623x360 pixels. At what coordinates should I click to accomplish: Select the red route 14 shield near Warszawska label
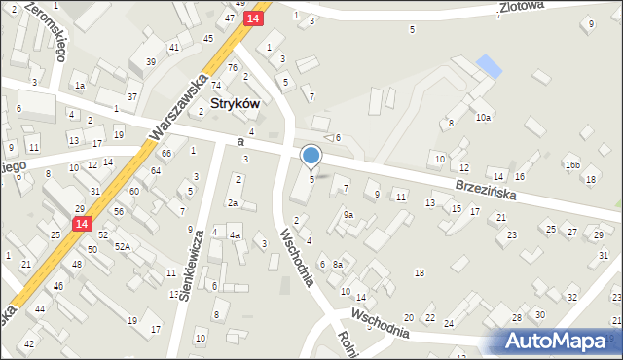253,18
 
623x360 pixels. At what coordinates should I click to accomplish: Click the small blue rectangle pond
489,67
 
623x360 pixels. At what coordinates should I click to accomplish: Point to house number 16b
572,166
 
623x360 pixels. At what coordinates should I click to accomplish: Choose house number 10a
483,117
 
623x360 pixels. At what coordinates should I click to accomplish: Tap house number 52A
122,247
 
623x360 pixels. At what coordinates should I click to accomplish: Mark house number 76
232,67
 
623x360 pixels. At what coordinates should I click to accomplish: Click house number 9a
348,214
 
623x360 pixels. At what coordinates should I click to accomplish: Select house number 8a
337,264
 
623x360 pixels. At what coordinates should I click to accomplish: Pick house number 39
150,61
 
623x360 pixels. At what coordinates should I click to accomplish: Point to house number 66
166,153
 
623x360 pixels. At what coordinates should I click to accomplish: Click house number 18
420,272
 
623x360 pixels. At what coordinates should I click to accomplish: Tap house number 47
230,18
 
